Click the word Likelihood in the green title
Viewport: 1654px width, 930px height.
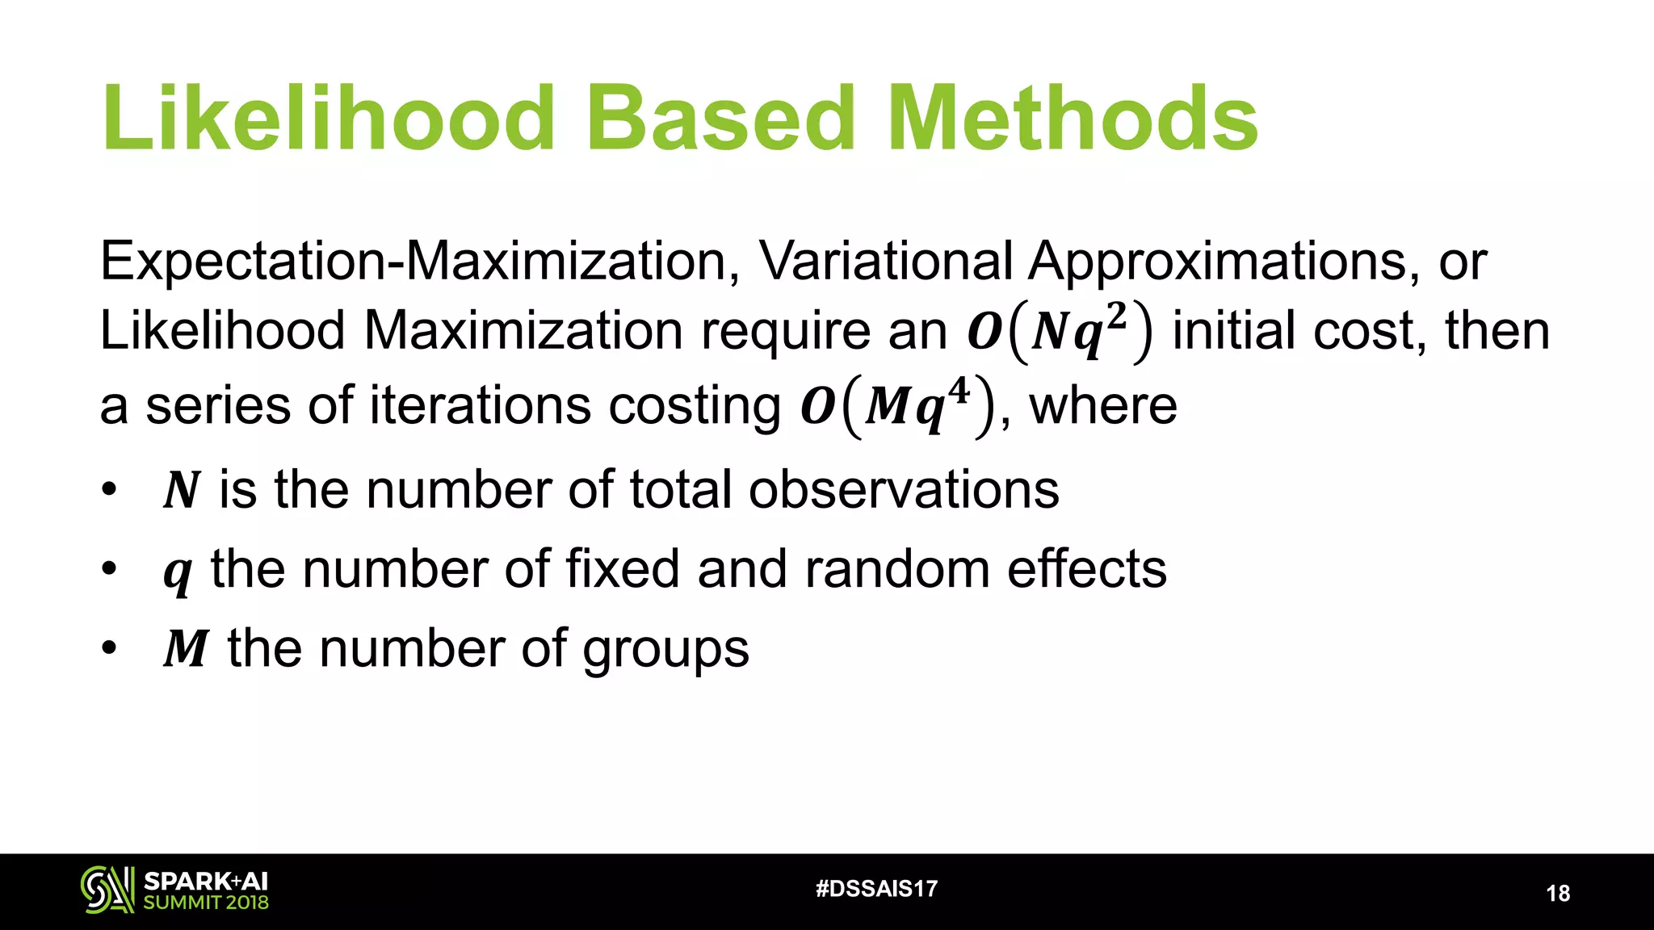coord(328,119)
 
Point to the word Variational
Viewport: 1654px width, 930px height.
coord(886,262)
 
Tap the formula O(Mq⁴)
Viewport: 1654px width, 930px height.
coord(896,406)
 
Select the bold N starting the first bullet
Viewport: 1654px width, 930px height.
coord(181,490)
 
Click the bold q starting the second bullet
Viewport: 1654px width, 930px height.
coord(178,572)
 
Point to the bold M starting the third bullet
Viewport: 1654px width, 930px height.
coord(187,648)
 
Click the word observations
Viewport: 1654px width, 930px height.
coord(904,489)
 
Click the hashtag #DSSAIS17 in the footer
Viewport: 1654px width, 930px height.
coord(876,889)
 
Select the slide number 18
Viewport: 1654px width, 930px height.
coord(1558,893)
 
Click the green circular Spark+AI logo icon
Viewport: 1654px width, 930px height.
coord(107,890)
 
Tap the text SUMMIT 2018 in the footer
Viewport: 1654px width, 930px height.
coord(206,903)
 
